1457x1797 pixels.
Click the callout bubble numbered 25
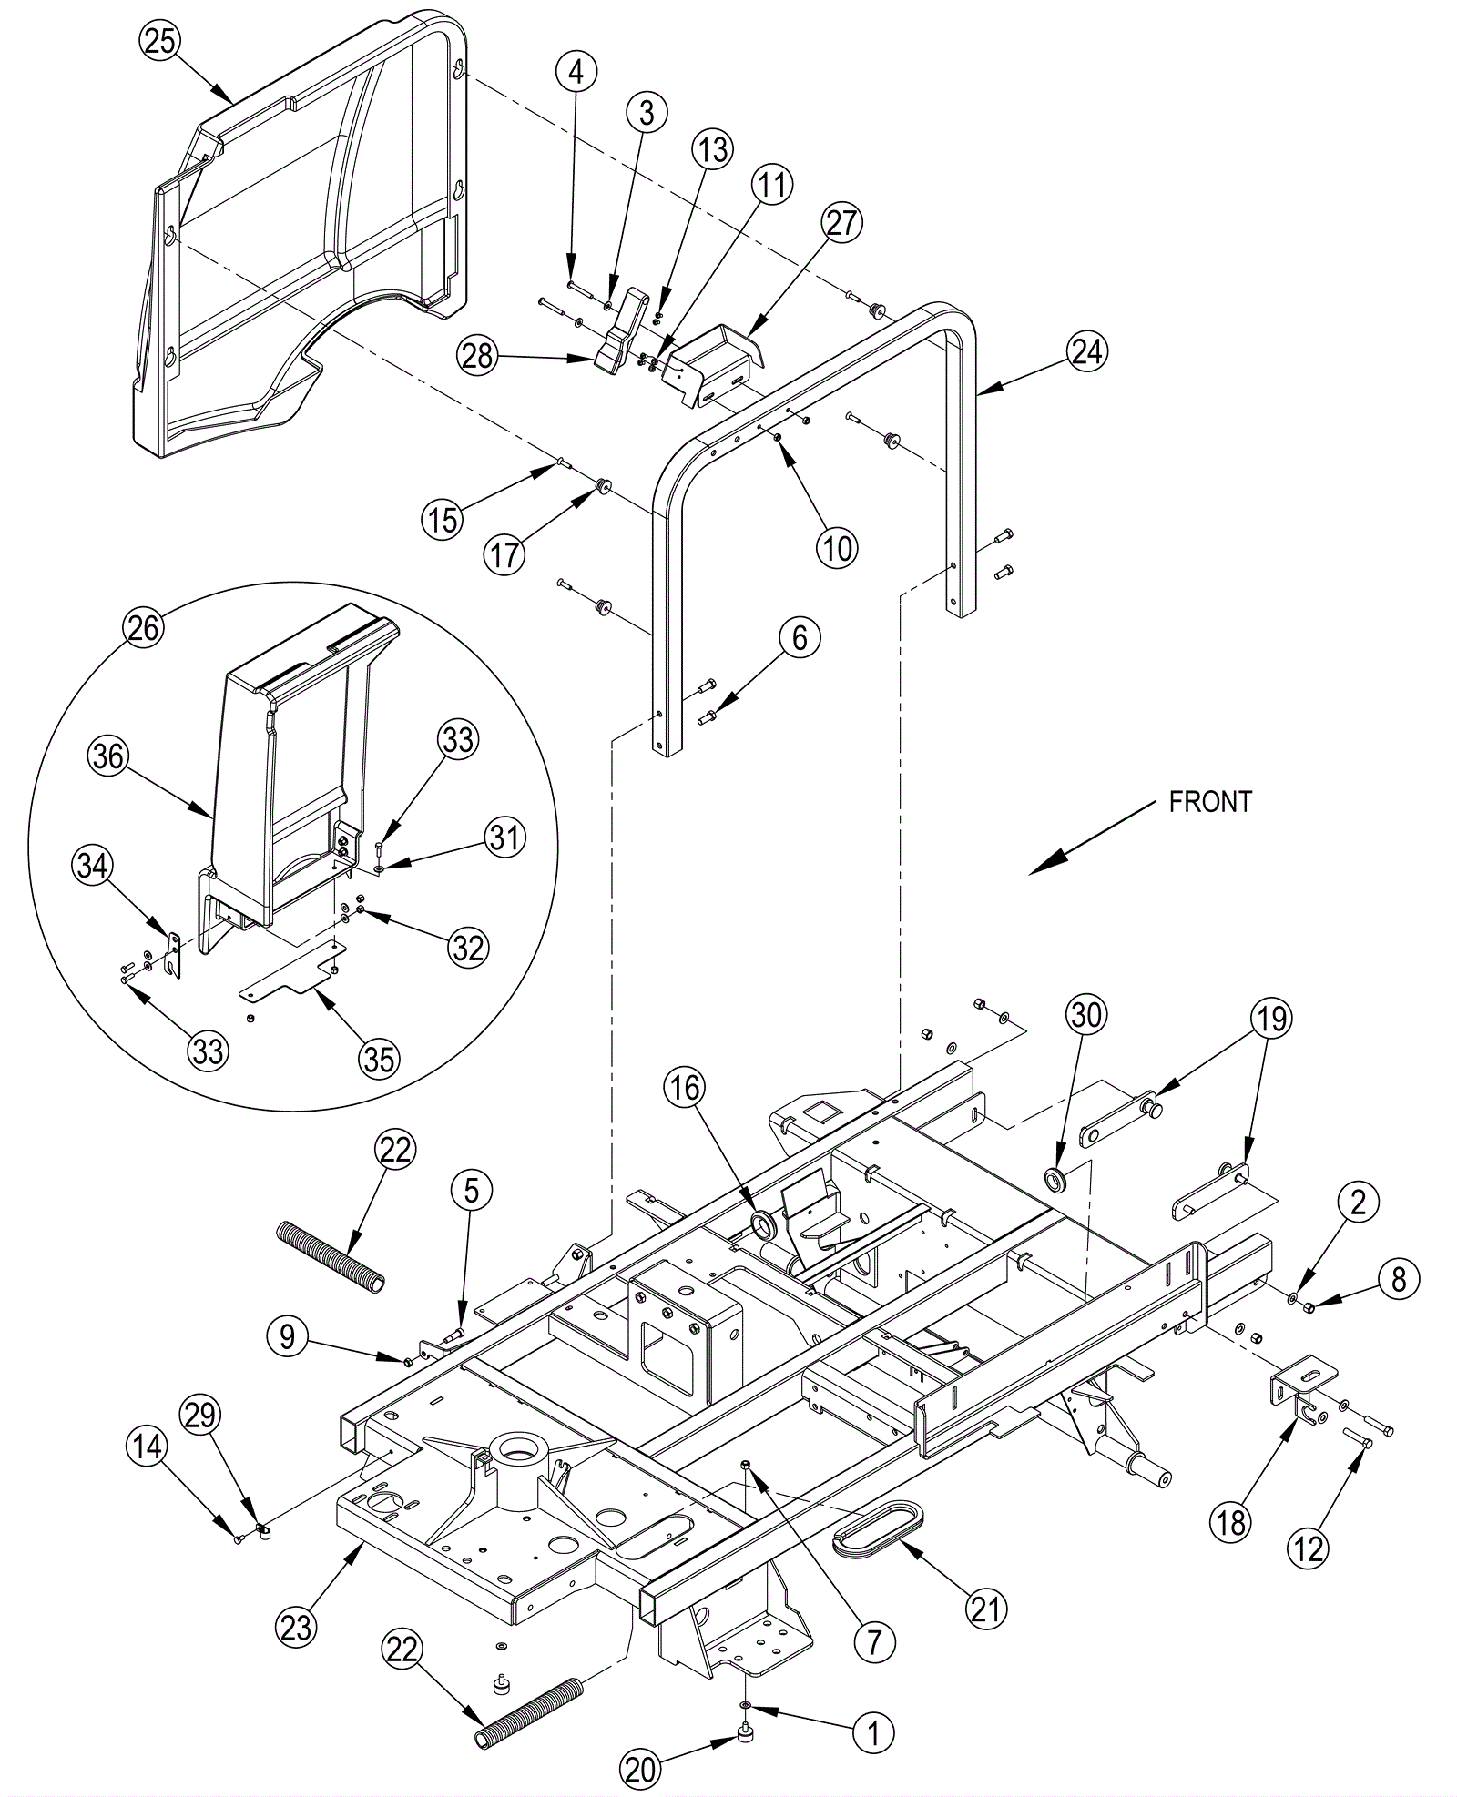[x=160, y=42]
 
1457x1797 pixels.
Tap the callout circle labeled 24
[x=1086, y=351]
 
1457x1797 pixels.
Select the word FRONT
[x=1210, y=802]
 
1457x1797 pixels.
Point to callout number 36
[x=108, y=756]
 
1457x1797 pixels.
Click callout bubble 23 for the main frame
[x=297, y=1627]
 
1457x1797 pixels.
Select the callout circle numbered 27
[x=841, y=222]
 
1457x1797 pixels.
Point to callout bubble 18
[x=1230, y=1520]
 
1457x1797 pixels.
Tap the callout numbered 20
[x=640, y=1769]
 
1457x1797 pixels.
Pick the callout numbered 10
[x=837, y=547]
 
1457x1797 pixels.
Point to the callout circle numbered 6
[x=800, y=638]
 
